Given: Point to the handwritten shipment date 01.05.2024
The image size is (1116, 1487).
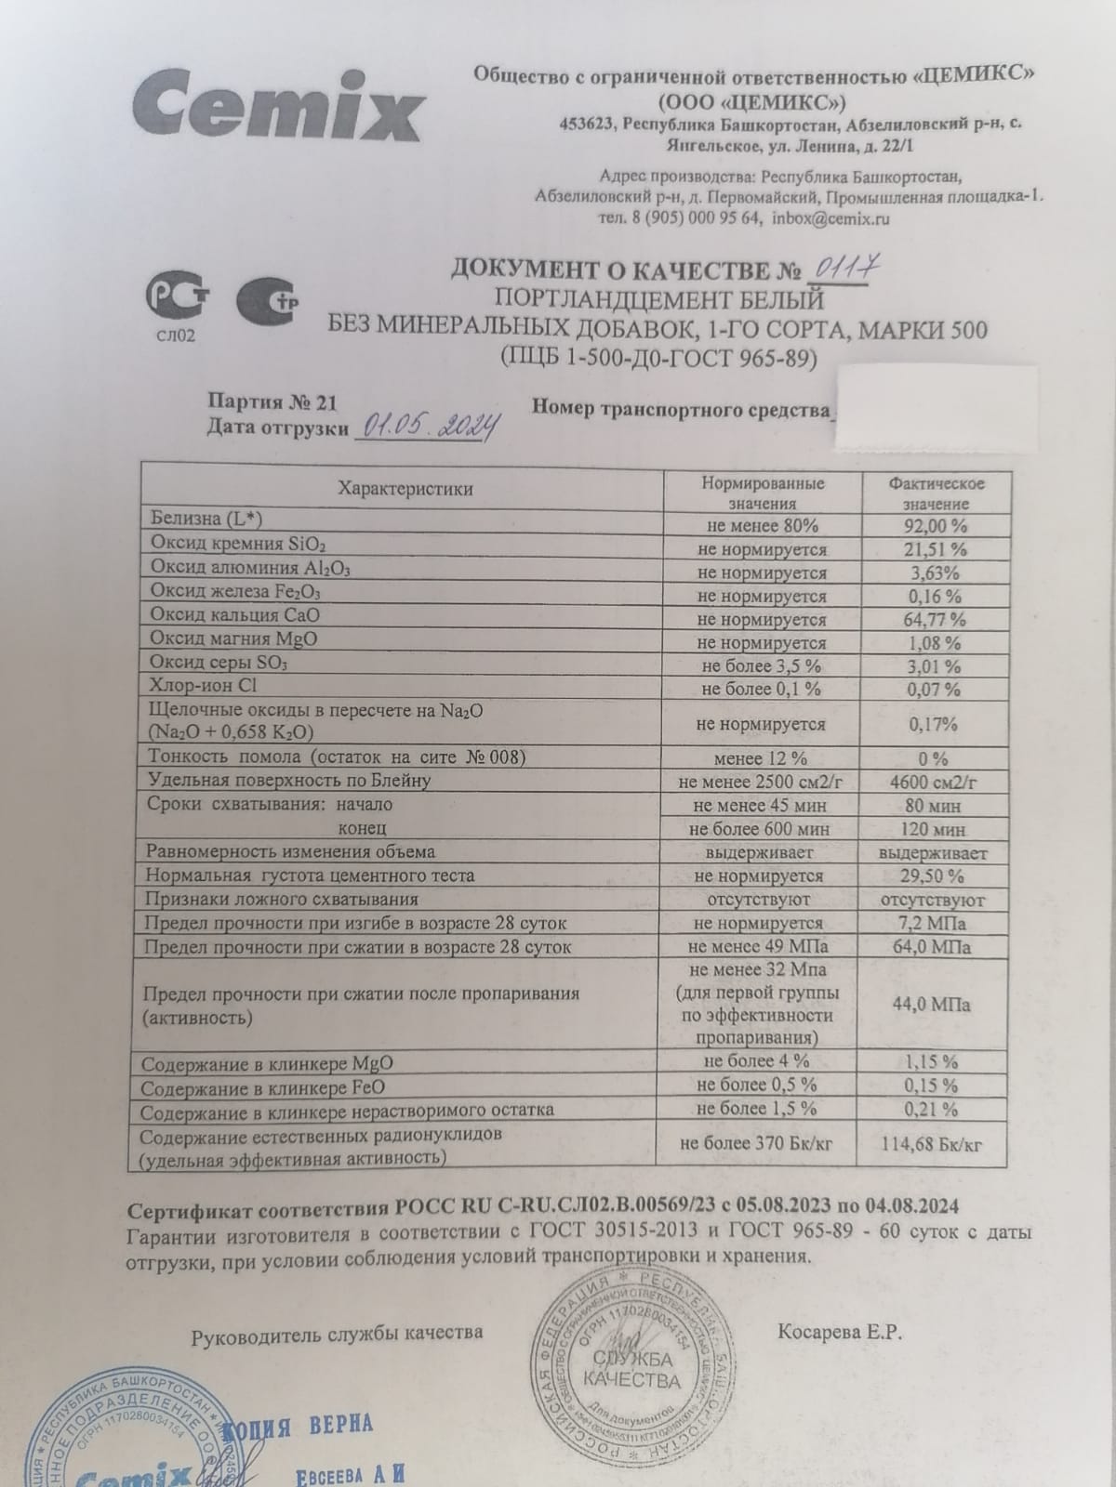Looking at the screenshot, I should tap(429, 427).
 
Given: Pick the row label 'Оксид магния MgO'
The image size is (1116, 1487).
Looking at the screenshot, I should tap(233, 639).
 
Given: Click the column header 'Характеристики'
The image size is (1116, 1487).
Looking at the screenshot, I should tap(405, 489).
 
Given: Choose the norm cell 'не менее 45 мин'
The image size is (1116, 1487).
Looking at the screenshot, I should tap(759, 806).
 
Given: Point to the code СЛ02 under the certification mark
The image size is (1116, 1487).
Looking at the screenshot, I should tap(176, 336).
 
